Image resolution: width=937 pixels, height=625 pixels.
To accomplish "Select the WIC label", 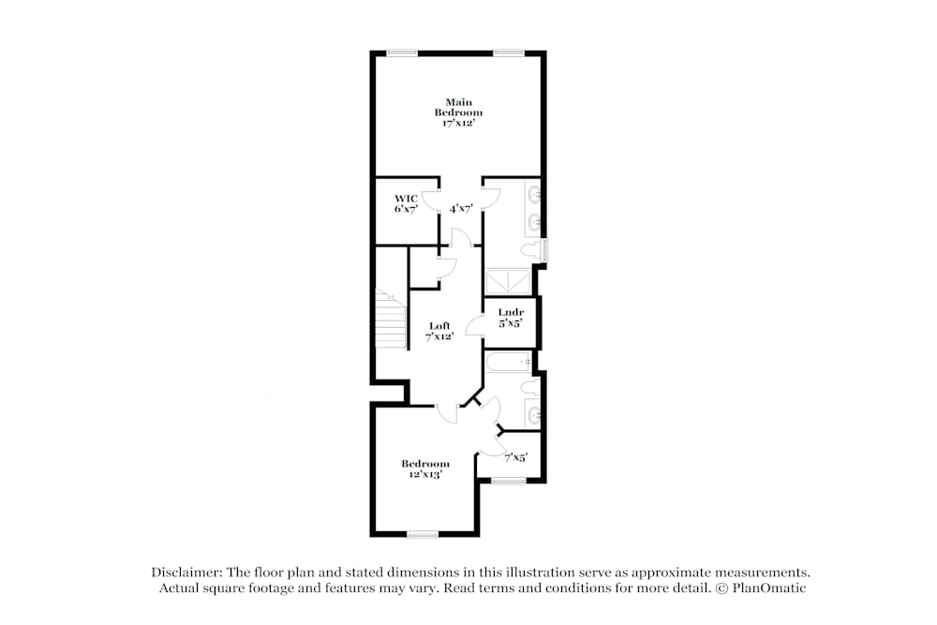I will [x=405, y=198].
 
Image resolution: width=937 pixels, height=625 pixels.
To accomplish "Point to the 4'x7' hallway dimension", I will [x=460, y=209].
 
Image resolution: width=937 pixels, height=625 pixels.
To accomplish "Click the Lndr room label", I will [x=510, y=312].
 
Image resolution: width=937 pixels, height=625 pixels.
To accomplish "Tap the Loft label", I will [x=439, y=325].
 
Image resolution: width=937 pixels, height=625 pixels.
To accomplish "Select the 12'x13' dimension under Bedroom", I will [x=425, y=474].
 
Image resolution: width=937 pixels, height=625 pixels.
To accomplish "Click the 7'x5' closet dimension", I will [x=515, y=457].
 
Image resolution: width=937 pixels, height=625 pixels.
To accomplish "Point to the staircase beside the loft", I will [x=390, y=319].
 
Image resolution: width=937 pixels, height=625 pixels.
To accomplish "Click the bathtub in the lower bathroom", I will [x=508, y=361].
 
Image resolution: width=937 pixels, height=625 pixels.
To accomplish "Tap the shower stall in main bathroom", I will [x=507, y=282].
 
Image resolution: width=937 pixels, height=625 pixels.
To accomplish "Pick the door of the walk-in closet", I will [x=431, y=201].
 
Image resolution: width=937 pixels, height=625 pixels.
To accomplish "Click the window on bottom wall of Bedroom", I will [x=423, y=534].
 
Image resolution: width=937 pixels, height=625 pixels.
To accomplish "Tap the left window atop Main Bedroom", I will [x=403, y=52].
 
